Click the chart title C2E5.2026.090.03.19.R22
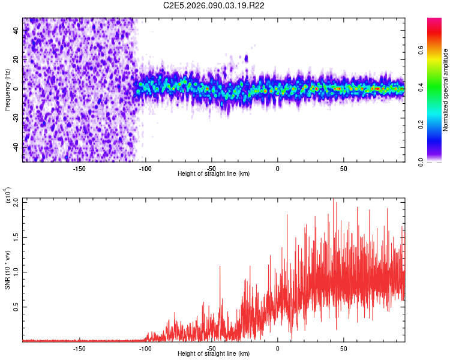click(x=215, y=6)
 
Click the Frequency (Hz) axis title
click(x=7, y=89)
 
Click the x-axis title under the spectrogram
click(x=214, y=173)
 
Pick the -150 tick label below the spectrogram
click(x=79, y=167)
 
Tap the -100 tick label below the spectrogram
click(x=145, y=167)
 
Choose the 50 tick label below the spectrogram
click(x=344, y=167)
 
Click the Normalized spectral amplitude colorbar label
click(x=446, y=90)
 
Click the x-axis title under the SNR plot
click(x=214, y=353)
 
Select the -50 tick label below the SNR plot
click(x=211, y=347)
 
